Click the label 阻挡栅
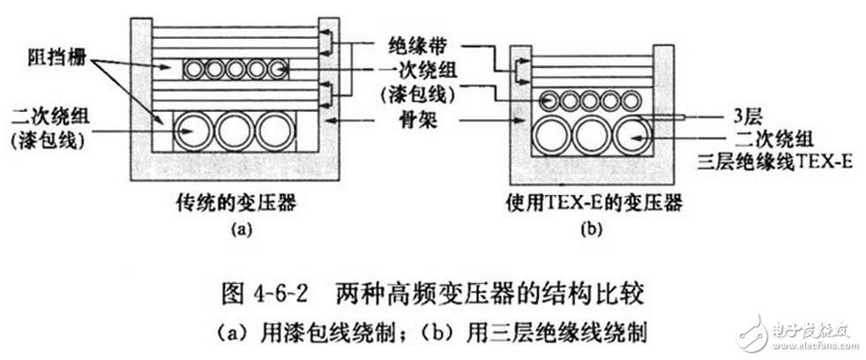pos(56,58)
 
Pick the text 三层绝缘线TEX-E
pos(773,163)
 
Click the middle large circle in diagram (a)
pos(234,131)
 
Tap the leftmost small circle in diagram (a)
pos(193,70)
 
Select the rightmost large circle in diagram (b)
pos(633,134)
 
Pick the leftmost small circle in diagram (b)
pos(549,101)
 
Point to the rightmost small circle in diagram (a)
pos(277,70)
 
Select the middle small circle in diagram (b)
pos(589,101)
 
